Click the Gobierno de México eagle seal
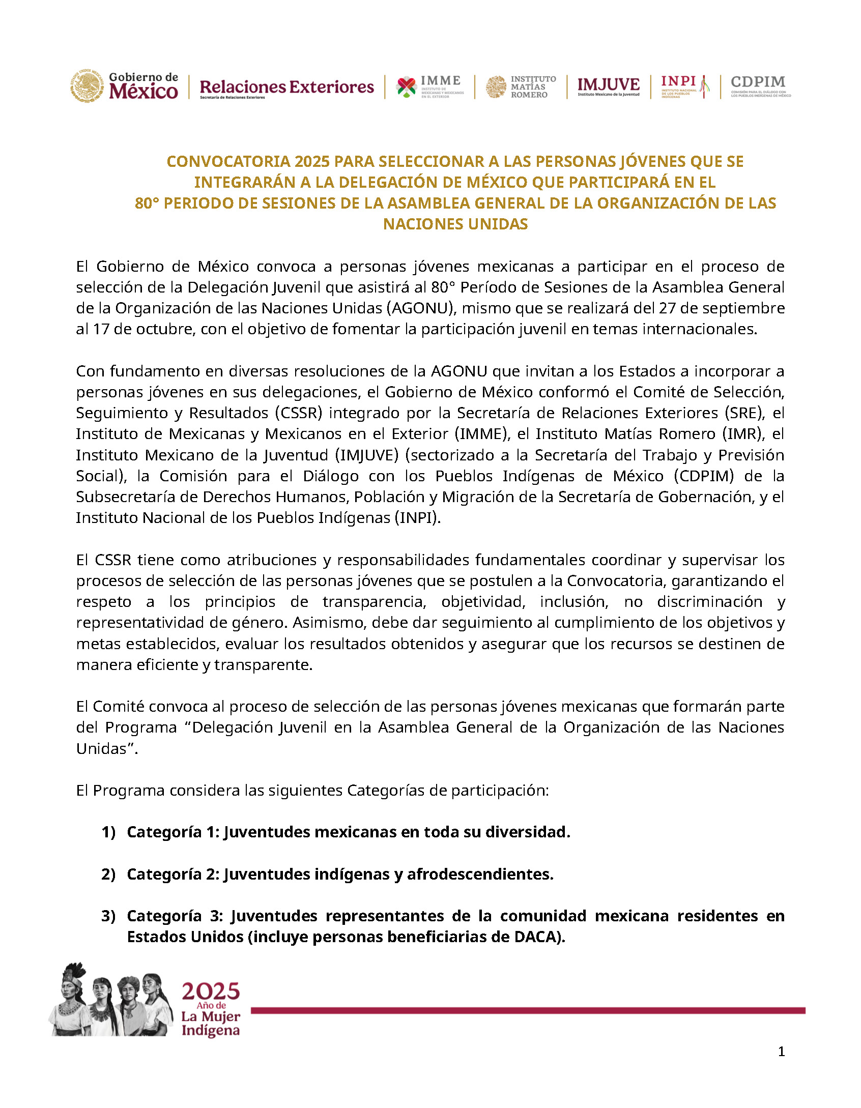87,85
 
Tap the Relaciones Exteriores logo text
286,88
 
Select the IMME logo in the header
430,86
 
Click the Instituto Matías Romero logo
521,86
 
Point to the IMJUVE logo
608,86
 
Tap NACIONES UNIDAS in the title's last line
455,224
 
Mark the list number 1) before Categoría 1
108,832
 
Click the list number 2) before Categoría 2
108,874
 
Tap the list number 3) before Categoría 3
108,916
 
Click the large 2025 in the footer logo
211,992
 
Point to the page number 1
781,1052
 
